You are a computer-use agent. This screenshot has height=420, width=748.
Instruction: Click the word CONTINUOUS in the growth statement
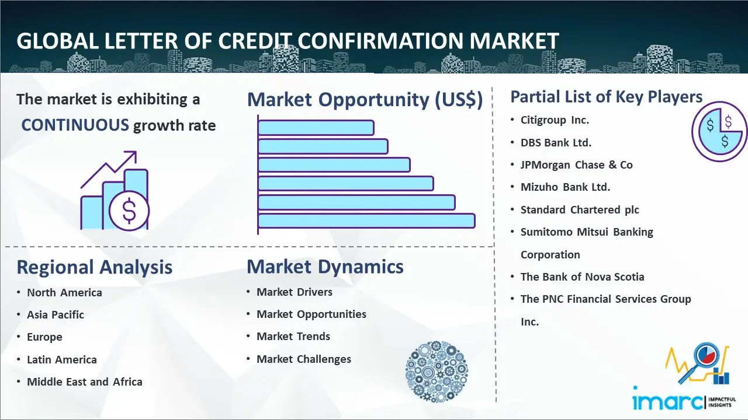point(75,125)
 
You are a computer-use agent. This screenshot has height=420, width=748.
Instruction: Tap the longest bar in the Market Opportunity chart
point(366,221)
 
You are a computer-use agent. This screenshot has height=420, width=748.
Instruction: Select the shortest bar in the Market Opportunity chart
point(316,128)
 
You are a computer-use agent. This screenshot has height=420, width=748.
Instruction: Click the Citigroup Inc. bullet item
point(555,120)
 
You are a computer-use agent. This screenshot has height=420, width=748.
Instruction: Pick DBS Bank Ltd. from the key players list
point(556,143)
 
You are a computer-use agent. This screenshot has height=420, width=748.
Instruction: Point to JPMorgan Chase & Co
point(576,165)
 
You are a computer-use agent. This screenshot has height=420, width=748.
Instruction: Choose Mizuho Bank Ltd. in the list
point(565,187)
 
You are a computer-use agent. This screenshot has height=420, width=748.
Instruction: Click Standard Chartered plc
point(580,210)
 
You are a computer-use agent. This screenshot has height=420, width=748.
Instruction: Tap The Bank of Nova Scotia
point(582,276)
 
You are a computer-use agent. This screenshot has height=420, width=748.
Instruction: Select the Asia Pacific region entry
point(56,314)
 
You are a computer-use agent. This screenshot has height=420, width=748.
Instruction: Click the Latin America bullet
point(62,360)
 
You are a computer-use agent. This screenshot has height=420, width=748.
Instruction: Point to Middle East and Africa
point(85,382)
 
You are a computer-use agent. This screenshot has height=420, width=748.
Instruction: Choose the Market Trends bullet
point(293,337)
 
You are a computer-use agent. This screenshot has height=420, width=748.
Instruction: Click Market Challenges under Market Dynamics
point(303,359)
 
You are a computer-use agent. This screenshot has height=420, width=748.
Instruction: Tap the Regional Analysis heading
point(95,267)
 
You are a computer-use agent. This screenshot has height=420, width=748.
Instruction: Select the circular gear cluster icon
point(437,372)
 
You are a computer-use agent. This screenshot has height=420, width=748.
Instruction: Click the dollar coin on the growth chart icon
point(129,211)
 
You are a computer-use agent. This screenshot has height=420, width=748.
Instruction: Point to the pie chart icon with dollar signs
point(719,131)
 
